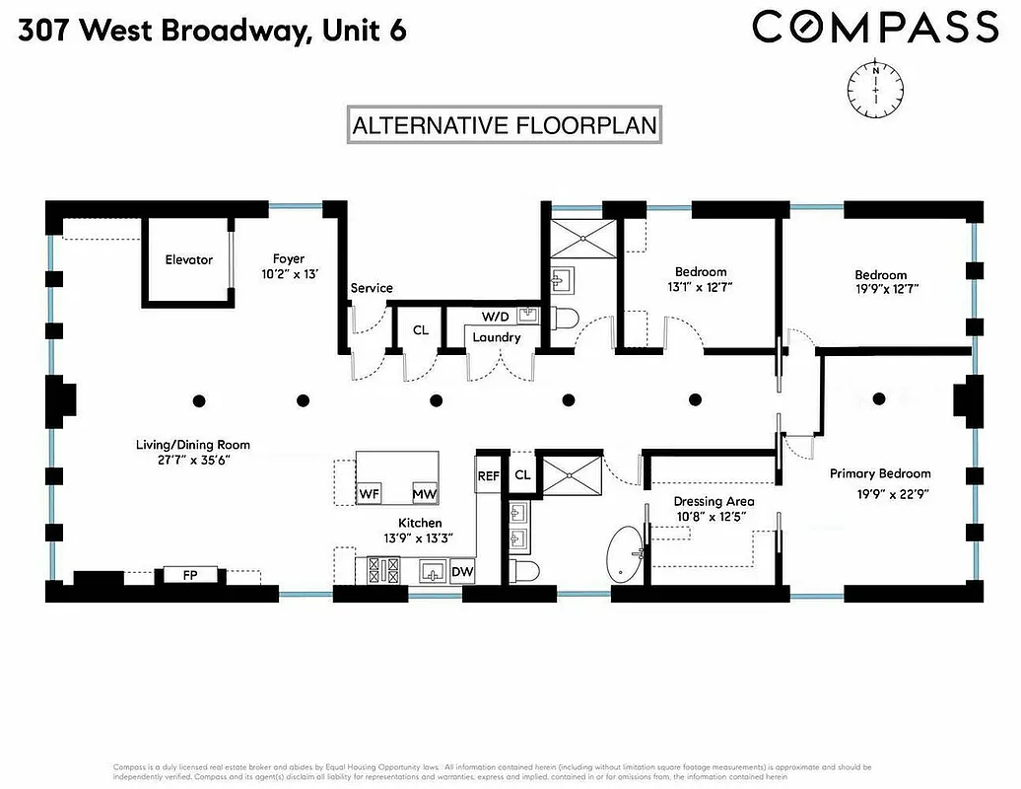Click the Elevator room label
click(x=188, y=259)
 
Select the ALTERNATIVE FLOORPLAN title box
click(x=505, y=126)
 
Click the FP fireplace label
click(x=189, y=574)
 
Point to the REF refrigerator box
click(x=489, y=475)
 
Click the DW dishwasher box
click(x=462, y=571)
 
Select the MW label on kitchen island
click(x=425, y=492)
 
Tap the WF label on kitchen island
click(x=369, y=492)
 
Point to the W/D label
click(x=496, y=317)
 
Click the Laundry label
click(x=496, y=337)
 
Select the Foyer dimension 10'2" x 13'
click(x=289, y=275)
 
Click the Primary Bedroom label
click(x=879, y=473)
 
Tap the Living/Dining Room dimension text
click(x=185, y=460)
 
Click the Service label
click(x=372, y=288)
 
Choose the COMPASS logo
click(x=874, y=27)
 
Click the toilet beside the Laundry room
click(x=566, y=319)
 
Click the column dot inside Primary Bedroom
click(x=878, y=398)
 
